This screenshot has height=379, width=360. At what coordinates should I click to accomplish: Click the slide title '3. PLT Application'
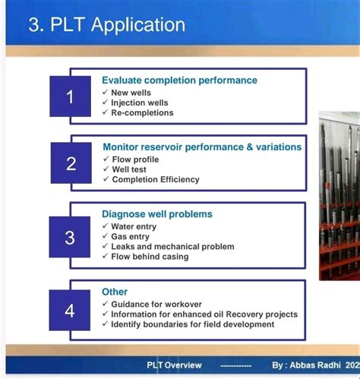click(x=106, y=24)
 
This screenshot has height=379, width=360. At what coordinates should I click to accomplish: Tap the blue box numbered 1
click(x=70, y=96)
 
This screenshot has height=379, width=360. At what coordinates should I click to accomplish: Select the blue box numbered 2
click(x=71, y=163)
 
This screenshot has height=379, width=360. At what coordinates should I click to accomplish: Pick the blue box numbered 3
click(x=70, y=237)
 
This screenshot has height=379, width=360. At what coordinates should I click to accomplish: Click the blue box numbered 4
click(x=70, y=310)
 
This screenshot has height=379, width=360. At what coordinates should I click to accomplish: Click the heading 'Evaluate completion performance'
click(x=179, y=80)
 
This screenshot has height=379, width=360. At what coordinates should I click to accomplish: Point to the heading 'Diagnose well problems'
click(x=157, y=214)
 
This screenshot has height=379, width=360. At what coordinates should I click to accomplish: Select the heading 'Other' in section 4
click(x=115, y=292)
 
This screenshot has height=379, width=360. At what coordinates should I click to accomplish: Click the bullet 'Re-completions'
click(x=142, y=113)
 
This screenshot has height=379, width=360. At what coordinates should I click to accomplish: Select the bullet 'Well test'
click(x=129, y=169)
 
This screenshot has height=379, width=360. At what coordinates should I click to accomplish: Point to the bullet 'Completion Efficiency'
click(x=156, y=180)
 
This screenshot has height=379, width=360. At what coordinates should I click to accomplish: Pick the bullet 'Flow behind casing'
click(x=150, y=257)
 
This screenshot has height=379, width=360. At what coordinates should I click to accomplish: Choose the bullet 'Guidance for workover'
click(x=156, y=304)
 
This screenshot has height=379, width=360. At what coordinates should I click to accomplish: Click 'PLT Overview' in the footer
click(x=175, y=365)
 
